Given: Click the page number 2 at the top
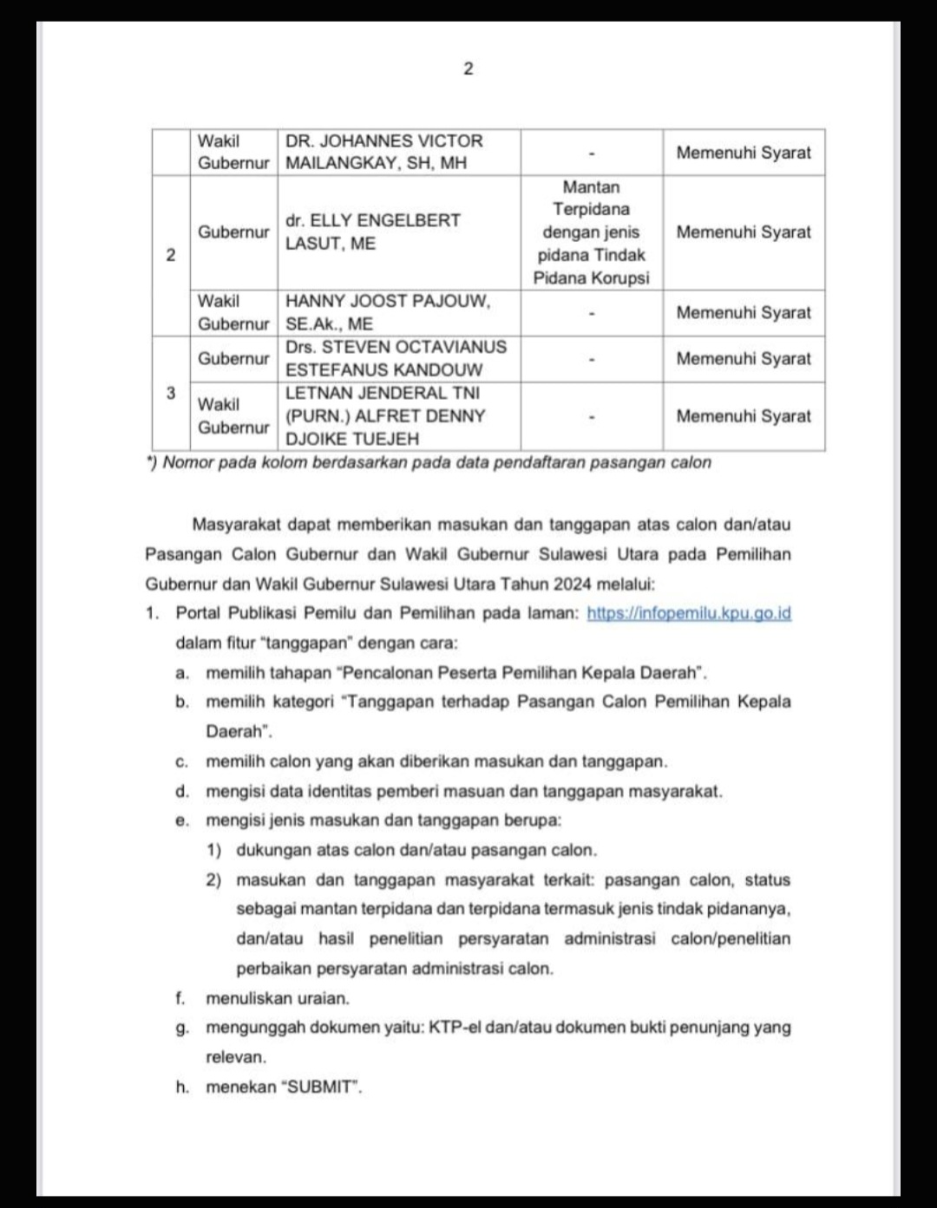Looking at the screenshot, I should tap(468, 69).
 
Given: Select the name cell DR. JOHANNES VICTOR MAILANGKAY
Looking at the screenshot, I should tap(384, 152).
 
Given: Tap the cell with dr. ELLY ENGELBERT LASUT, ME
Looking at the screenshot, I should tap(373, 232).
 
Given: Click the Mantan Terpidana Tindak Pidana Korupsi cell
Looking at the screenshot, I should tap(591, 232).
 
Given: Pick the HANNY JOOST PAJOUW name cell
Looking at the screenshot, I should tap(388, 312).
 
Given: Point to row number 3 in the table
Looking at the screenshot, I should tap(171, 393).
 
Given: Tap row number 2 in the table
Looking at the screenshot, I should tap(171, 255).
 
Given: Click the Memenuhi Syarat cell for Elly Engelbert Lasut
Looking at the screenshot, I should tap(744, 232).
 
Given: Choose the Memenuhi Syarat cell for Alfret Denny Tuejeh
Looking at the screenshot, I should tap(744, 415).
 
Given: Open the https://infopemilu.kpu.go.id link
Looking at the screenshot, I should tap(689, 613).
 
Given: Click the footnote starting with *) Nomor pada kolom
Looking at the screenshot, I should tap(429, 462).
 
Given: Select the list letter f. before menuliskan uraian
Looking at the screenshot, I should tap(180, 998).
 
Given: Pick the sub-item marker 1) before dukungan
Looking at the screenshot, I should tap(213, 850).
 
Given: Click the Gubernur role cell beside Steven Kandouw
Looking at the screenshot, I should tap(233, 358).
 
